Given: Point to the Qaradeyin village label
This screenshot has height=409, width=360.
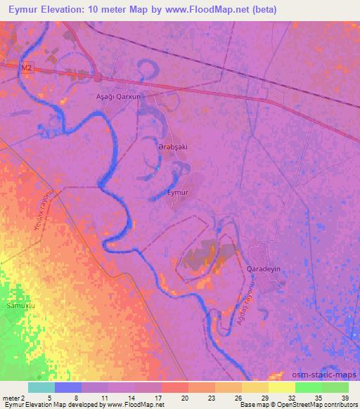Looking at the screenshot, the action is [x=264, y=270].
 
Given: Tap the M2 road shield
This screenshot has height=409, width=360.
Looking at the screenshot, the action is [x=27, y=67].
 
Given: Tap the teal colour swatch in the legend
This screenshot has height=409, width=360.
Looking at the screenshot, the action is [x=43, y=387].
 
